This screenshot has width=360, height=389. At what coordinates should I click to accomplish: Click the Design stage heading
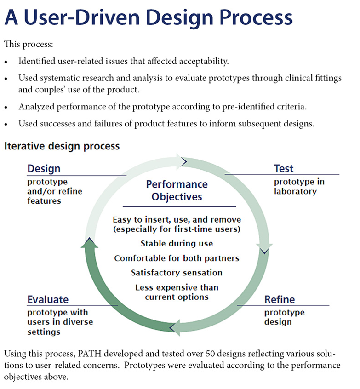pyautogui.click(x=44, y=168)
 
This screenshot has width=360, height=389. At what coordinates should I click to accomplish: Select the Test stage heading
pyautogui.click(x=284, y=168)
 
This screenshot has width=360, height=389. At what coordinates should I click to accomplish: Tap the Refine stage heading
pyautogui.click(x=280, y=300)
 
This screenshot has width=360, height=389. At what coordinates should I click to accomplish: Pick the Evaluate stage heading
pyautogui.click(x=48, y=300)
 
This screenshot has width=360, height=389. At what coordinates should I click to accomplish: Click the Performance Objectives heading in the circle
pyautogui.click(x=177, y=190)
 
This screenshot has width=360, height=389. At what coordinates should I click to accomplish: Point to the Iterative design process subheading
pyautogui.click(x=62, y=146)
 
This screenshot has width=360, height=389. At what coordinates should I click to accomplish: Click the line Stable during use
pyautogui.click(x=177, y=243)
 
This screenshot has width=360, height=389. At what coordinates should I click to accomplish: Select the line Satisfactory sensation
pyautogui.click(x=177, y=273)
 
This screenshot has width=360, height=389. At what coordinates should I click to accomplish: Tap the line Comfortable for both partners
pyautogui.click(x=177, y=258)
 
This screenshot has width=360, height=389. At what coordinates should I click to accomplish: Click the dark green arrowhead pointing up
pyautogui.click(x=89, y=242)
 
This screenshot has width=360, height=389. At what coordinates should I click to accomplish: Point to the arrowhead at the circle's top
pyautogui.click(x=184, y=161)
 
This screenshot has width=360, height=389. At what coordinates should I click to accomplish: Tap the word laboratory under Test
pyautogui.click(x=295, y=191)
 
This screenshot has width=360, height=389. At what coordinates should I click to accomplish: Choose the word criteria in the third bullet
pyautogui.click(x=293, y=107)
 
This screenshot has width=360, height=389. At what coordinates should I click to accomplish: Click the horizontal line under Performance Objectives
pyautogui.click(x=179, y=206)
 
